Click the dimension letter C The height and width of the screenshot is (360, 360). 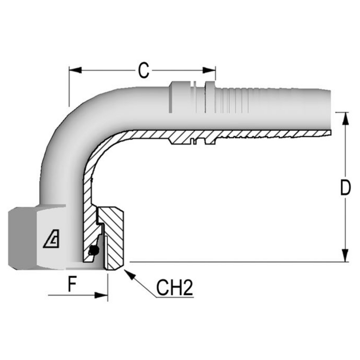tap(143, 70)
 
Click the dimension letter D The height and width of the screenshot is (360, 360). tap(346, 188)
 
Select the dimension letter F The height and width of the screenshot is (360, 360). tap(72, 284)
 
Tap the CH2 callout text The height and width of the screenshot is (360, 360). tap(174, 288)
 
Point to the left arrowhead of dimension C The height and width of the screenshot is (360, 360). tap(75, 70)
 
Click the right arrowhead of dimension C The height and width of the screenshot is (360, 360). tap(209, 70)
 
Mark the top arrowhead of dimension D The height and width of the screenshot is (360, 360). tap(346, 119)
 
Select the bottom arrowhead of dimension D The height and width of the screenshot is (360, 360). tap(346, 256)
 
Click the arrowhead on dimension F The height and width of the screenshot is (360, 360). tap(101, 295)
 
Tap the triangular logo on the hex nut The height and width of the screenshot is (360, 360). tap(51, 239)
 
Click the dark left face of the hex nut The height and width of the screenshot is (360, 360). tap(22, 238)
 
